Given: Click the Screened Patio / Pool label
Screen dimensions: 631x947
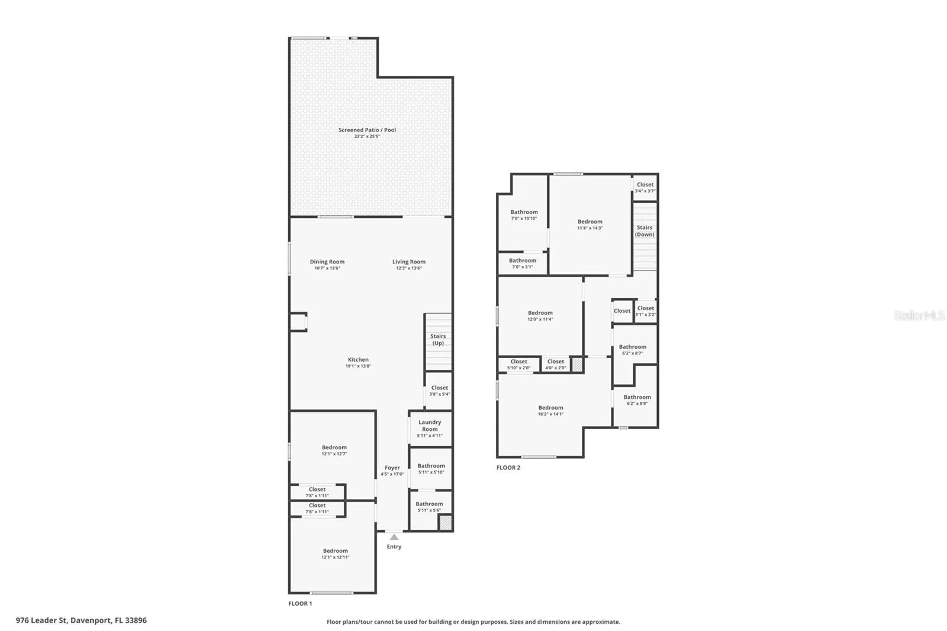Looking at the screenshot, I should point(367,130).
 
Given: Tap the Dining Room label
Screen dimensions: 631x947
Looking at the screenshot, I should point(327,262).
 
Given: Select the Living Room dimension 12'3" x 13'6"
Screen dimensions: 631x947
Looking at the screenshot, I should point(408,268).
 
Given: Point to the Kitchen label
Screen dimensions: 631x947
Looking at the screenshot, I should point(358,359).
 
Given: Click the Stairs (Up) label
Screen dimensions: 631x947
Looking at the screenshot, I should point(438,340).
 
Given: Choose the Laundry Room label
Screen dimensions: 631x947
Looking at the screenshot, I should point(430,426).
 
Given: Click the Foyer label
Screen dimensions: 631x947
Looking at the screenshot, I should point(392,468).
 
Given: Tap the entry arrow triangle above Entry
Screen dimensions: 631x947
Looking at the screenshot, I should point(394,537).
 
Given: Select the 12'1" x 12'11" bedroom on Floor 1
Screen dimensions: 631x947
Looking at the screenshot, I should point(335,553).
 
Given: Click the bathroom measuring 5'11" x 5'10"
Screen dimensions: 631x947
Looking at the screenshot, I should point(431,469).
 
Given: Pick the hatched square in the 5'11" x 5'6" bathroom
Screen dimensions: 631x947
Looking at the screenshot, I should point(445,523).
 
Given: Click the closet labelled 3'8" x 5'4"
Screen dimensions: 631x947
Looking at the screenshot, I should point(439,391).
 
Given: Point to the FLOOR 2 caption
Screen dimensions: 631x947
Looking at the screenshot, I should point(508,468).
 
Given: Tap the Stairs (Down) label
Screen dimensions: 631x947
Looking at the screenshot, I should point(645,231).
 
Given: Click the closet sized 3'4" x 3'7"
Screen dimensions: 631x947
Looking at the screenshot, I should point(645,188).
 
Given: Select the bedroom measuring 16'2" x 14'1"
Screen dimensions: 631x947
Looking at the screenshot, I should point(550,410).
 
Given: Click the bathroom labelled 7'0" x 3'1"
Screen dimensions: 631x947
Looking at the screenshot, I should point(523,263).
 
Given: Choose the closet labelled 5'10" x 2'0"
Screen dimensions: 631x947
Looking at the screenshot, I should point(518,364).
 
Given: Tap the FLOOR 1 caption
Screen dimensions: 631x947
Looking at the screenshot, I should point(300,604).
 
